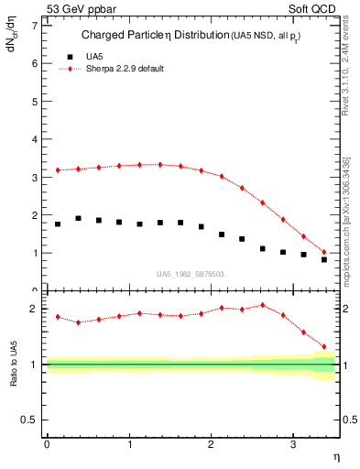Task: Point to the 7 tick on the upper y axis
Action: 34,26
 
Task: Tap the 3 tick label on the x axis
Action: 292,444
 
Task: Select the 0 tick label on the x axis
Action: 46,444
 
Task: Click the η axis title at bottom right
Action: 334,457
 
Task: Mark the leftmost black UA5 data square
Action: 58,224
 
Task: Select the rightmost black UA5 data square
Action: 324,259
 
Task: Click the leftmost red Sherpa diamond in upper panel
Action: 58,169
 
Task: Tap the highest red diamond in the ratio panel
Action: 263,305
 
